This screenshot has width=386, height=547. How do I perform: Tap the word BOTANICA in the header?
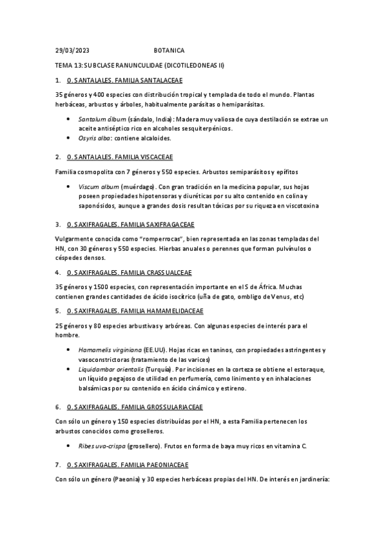169,50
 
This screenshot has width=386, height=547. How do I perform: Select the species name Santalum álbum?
102,119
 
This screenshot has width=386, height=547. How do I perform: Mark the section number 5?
58,311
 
